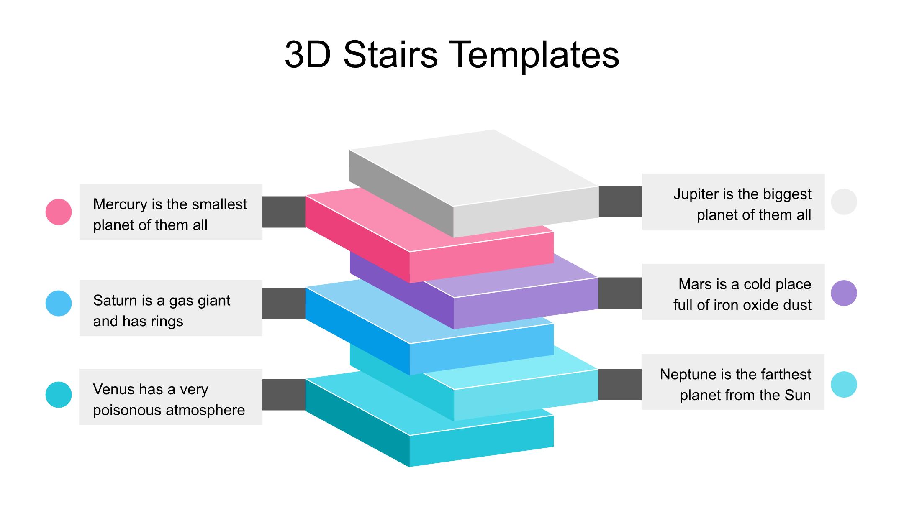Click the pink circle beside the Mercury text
coord(59,212)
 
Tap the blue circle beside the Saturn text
coord(59,303)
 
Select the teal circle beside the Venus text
coord(59,394)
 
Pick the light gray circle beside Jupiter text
coord(844,202)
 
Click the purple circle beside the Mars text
coord(844,293)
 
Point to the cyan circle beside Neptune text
coord(844,384)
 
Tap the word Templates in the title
coord(535,55)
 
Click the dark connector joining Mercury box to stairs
coord(284,212)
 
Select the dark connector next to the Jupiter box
coord(620,202)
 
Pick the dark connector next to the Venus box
coord(284,395)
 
